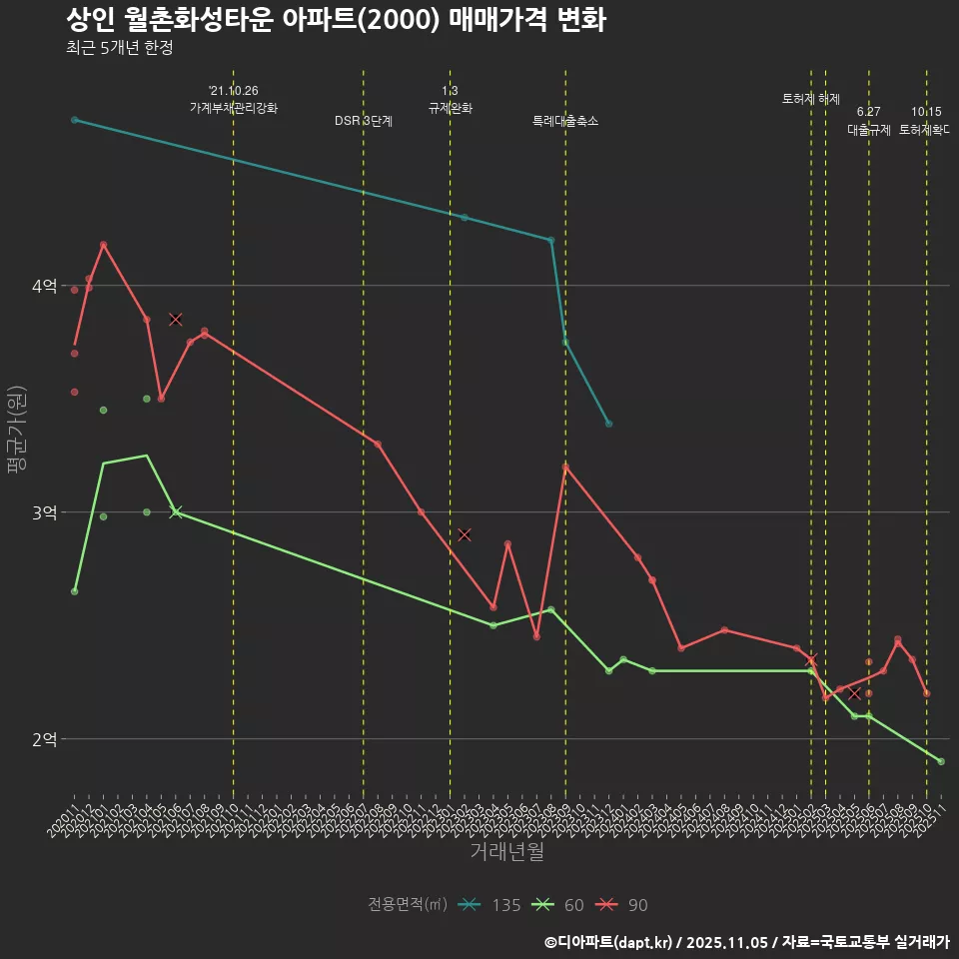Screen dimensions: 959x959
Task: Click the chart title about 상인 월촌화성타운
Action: [336, 20]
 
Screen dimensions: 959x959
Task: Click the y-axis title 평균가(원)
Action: [16, 429]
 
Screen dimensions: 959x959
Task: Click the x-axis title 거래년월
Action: [506, 852]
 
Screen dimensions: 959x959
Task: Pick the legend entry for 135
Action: [489, 905]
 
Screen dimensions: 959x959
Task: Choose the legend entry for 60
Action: [557, 905]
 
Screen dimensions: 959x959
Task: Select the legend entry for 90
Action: [621, 905]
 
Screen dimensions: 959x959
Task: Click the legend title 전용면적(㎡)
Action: [408, 905]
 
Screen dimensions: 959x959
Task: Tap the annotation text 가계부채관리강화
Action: [234, 108]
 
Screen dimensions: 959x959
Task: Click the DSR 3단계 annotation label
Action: [364, 121]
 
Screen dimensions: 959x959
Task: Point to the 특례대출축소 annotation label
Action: [565, 121]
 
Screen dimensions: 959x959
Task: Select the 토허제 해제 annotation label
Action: [811, 99]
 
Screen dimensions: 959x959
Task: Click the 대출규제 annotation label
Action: [869, 130]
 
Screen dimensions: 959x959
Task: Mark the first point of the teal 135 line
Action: [74, 120]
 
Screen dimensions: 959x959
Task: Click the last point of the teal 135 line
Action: [608, 424]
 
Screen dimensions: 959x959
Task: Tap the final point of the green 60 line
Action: [941, 762]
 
